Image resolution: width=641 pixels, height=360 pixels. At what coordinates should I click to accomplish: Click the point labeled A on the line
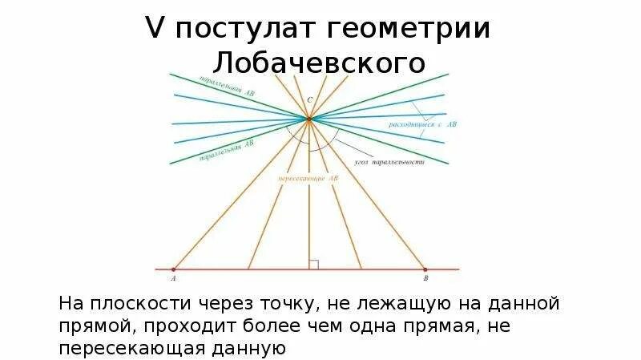[x=175, y=269]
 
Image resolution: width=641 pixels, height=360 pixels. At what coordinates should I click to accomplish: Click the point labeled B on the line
[x=425, y=269]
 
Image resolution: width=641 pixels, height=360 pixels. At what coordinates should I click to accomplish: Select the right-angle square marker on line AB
[x=314, y=264]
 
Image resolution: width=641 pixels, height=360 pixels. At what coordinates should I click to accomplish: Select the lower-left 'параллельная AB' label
[x=227, y=151]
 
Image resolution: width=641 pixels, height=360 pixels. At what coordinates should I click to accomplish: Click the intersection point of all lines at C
[x=308, y=119]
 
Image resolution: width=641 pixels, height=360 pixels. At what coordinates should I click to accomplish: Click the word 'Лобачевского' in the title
[x=320, y=63]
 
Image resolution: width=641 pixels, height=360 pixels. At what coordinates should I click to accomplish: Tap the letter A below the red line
[x=174, y=281]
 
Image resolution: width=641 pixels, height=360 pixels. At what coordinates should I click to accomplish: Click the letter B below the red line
[x=425, y=281]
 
